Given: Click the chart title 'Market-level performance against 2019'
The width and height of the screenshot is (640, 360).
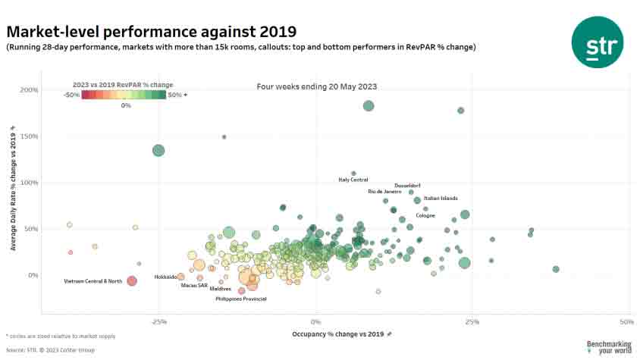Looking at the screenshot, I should (151, 32).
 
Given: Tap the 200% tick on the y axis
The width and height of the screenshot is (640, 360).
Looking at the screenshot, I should (30, 90).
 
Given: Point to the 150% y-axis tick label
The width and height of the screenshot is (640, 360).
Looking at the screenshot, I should (30, 136).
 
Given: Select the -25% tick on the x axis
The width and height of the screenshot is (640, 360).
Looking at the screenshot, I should (159, 321).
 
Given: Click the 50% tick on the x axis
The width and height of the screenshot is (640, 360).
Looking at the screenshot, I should (626, 321).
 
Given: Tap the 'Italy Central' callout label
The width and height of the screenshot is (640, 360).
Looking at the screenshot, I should (353, 180).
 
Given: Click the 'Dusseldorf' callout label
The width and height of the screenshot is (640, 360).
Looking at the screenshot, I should (407, 186).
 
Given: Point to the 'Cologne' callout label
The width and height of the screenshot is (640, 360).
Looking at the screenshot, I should (425, 216).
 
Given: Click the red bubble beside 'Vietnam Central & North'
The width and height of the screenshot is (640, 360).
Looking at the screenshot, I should (131, 281).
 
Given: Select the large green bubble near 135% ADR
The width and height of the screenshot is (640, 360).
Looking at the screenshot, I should (158, 150).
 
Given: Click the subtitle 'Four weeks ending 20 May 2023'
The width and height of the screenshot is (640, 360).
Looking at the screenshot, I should (317, 87).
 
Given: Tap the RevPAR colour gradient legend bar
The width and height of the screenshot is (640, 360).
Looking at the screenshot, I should (124, 95).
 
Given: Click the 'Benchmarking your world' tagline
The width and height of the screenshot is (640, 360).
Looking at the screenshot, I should (608, 347).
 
